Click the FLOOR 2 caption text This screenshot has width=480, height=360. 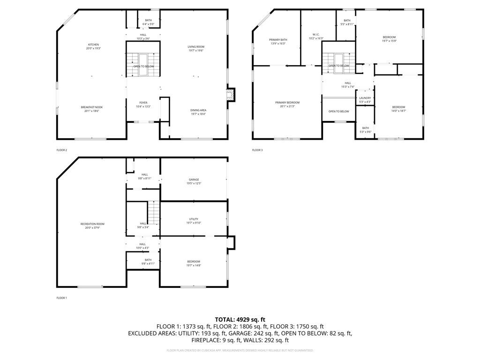pyautogui.click(x=61, y=150)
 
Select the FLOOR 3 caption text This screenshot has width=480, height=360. pyautogui.click(x=257, y=150)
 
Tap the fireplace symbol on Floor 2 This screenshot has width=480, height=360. pyautogui.click(x=230, y=95)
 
